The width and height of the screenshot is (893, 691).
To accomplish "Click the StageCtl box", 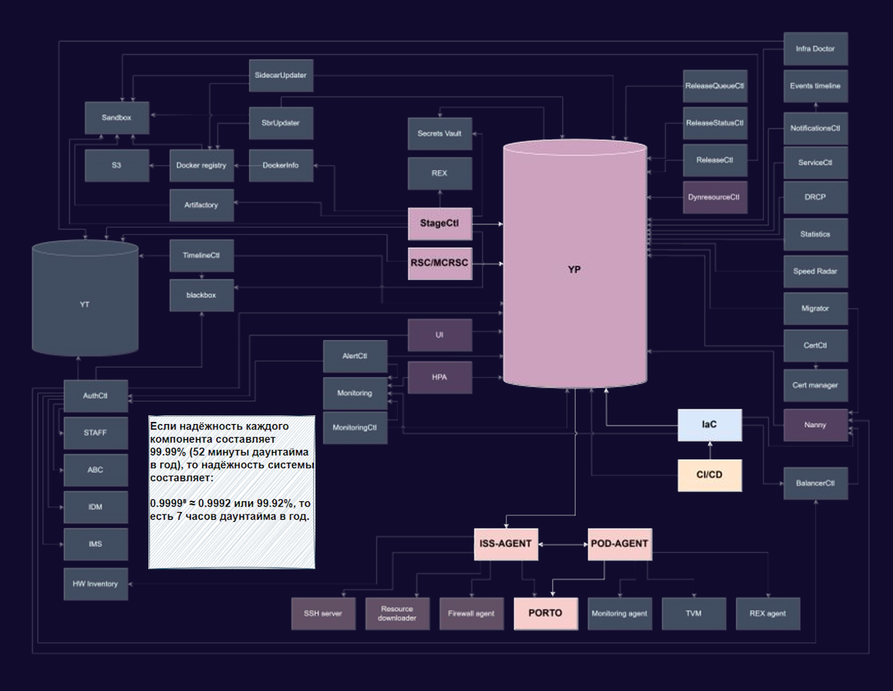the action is tap(440, 224).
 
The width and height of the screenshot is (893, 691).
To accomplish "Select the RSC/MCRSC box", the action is tap(440, 264).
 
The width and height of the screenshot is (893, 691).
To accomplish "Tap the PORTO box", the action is tap(546, 613).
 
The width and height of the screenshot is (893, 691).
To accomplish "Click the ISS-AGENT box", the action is tap(506, 545).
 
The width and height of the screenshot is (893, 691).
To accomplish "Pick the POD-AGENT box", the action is tap(620, 545).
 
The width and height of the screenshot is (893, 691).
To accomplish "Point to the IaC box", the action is tap(710, 425).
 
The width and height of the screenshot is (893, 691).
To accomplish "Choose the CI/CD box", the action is tap(710, 475).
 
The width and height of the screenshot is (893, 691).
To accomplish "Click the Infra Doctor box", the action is tap(815, 49).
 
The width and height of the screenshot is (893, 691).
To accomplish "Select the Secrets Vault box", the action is tap(440, 134).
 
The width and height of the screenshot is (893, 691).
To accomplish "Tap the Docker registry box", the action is tap(202, 165).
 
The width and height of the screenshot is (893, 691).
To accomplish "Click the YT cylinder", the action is tap(85, 298).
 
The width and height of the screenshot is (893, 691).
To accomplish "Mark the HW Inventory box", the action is tap(95, 584).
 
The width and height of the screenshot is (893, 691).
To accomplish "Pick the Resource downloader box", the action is tap(397, 613).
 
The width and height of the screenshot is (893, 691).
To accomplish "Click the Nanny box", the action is tap(815, 425).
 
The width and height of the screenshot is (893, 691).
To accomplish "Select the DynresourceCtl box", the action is tap(715, 197).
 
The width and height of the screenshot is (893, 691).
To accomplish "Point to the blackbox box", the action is tap(202, 295).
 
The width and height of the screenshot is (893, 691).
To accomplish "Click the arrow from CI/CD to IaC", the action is tap(710, 451).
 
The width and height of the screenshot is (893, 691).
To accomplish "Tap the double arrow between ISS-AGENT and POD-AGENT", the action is tap(563, 545).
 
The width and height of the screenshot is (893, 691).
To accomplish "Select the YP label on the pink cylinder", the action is tap(574, 270).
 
